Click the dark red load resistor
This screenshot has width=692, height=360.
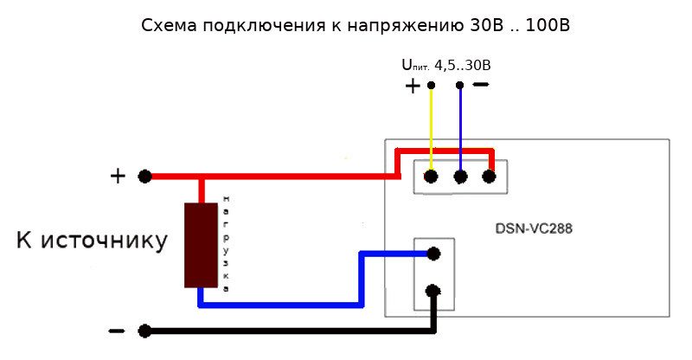200,245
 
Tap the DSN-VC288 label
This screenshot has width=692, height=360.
534,229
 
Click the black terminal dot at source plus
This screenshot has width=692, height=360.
145,177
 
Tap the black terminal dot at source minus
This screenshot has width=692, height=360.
145,331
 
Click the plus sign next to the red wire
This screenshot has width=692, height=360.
118,177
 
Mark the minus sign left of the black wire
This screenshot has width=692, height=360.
116,330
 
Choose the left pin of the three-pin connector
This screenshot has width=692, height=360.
431,177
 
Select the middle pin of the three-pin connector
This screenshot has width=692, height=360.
460,177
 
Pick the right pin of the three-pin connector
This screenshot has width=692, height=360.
489,177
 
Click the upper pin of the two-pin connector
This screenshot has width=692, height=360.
434,254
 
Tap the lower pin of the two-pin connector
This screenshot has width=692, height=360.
434,292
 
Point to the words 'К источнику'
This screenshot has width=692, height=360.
92,241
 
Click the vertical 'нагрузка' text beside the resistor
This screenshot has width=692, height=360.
226,243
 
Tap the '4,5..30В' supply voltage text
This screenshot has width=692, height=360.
469,64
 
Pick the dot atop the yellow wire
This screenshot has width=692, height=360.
431,85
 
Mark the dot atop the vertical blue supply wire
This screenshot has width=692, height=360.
460,85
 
